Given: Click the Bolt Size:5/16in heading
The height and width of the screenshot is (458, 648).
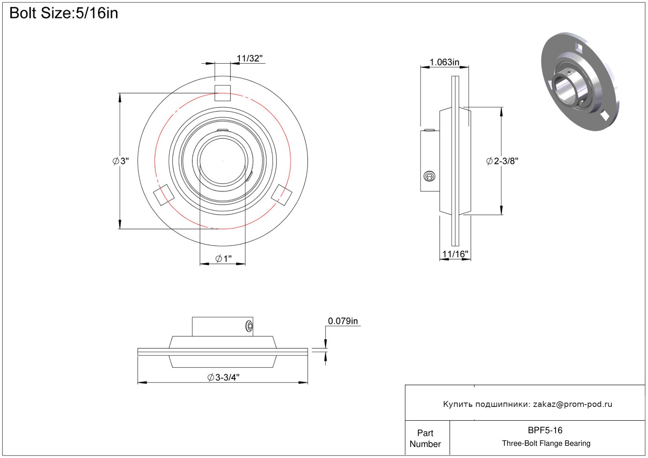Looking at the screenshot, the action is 64,13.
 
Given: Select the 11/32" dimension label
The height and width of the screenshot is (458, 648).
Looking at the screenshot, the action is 250,59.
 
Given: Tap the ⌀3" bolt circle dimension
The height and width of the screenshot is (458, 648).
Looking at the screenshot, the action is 121,161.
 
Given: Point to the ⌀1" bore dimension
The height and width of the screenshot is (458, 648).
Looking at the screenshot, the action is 223,259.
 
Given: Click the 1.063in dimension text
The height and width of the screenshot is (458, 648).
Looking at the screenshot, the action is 444,62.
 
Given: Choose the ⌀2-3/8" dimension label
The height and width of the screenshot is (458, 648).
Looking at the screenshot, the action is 502,161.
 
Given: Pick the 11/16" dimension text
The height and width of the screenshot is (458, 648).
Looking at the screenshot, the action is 455,254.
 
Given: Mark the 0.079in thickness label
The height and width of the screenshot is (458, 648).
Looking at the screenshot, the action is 343,321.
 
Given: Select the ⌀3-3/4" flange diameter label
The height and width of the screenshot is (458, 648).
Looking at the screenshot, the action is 223,377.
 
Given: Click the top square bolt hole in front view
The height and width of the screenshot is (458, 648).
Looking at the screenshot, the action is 222,93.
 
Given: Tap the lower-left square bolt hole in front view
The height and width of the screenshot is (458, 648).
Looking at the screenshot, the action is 164,195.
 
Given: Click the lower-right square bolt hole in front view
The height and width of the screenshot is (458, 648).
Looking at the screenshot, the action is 281,195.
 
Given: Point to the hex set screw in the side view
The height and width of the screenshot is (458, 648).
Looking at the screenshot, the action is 429,177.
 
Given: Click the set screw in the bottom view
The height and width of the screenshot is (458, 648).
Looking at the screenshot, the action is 249,326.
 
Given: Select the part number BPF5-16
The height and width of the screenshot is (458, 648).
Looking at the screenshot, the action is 545,430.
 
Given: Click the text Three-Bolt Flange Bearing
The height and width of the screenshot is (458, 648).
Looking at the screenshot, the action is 546,443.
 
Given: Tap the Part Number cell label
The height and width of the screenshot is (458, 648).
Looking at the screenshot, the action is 425,438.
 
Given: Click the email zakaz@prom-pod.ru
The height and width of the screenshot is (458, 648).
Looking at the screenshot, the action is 572,404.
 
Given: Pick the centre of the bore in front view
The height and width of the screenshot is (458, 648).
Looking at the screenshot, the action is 222,161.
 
